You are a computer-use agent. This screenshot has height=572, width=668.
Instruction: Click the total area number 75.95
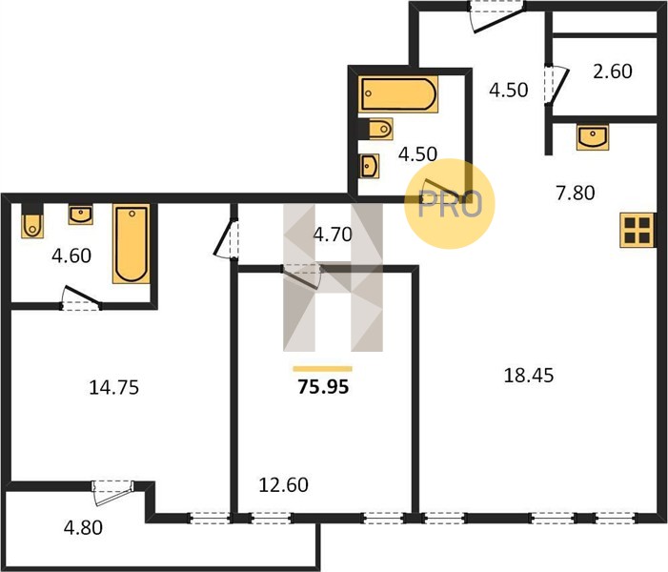[x=323, y=387]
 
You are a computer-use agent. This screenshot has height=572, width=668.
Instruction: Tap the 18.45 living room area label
[x=529, y=376]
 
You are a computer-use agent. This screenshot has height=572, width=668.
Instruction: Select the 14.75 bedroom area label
[x=113, y=388]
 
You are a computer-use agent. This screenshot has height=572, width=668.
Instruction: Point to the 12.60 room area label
[x=284, y=485]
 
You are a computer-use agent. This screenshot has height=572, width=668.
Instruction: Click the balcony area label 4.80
[x=83, y=528]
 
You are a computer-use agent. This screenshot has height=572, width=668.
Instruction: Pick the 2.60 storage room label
[x=613, y=71]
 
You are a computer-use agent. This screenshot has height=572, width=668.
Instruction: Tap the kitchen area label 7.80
[x=576, y=193]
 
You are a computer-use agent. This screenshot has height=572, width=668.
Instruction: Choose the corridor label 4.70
[x=333, y=235]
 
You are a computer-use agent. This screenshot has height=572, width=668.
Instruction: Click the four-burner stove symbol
[x=638, y=230]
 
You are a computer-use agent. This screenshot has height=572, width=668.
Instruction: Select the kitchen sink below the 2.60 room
[x=593, y=137]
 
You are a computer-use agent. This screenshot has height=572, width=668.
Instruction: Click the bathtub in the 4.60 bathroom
[x=132, y=244]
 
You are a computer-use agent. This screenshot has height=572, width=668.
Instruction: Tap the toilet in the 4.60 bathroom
[x=32, y=221]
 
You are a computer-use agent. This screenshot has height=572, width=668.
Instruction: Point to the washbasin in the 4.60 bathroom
[x=80, y=214]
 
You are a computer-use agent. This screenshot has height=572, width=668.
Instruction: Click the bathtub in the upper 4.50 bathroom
[x=398, y=94]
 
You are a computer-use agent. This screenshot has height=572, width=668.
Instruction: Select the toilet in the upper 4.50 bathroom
[x=375, y=129]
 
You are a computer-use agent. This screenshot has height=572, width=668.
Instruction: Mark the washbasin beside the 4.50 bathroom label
[x=369, y=166]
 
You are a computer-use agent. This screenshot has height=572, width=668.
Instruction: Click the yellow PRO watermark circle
[x=450, y=204]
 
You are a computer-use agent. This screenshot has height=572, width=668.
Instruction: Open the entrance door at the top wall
[x=496, y=17]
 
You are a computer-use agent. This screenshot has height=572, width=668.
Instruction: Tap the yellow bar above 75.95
[x=322, y=369]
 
